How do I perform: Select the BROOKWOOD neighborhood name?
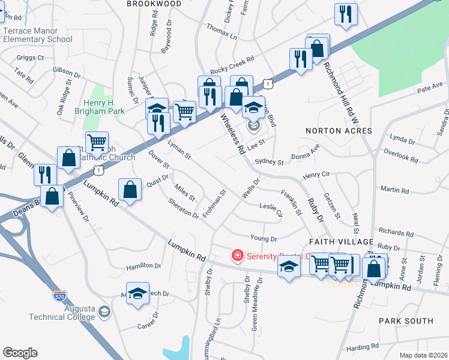point(154,4)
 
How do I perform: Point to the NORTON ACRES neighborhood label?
point(339,131)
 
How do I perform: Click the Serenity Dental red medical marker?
point(238,256)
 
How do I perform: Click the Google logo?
point(20,353)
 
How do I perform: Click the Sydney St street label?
point(268,162)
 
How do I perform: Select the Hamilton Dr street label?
point(143,266)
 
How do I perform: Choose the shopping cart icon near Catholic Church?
point(97,143)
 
